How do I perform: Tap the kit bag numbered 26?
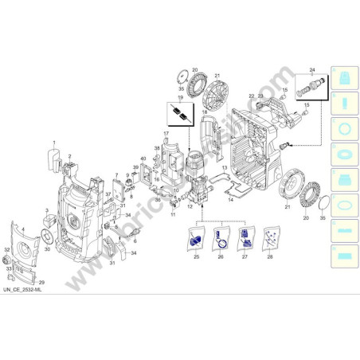coord(221,237)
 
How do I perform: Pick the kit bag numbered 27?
coord(245,237)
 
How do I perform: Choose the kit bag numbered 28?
coord(272,237)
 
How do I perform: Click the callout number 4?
coord(24,230)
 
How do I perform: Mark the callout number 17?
coord(166,132)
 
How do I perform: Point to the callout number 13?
coord(225,170)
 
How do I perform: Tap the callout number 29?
coord(42,283)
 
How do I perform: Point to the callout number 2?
coord(70,156)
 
